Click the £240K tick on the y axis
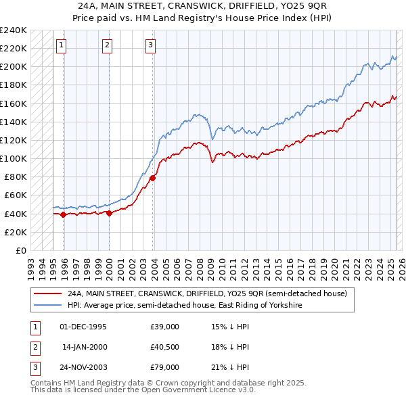(14, 30)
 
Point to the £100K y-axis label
(14, 158)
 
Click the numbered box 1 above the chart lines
(61, 45)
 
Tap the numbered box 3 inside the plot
(150, 45)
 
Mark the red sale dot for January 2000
(109, 213)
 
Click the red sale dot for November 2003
(153, 178)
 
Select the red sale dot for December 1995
(64, 214)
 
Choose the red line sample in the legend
(47, 294)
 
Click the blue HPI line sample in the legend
(47, 306)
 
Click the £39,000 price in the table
(165, 327)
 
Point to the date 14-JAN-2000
(84, 347)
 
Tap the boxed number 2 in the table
(35, 347)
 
